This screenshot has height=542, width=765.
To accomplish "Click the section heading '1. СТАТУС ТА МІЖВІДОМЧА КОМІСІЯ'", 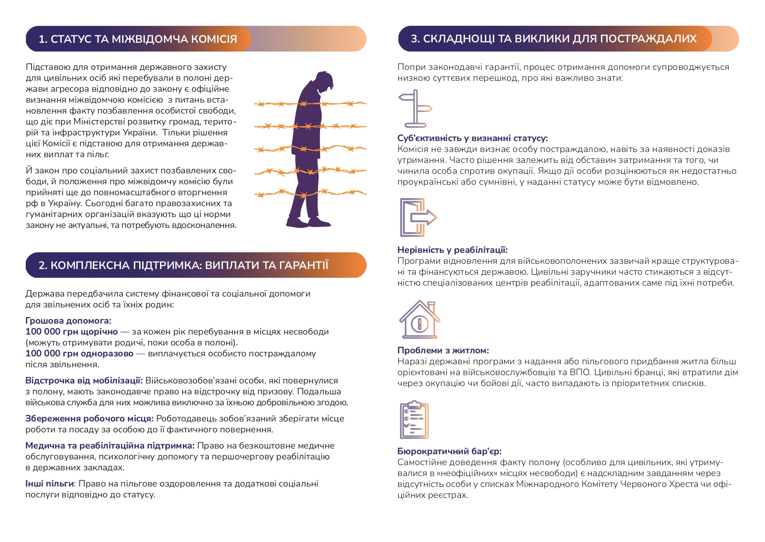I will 138,39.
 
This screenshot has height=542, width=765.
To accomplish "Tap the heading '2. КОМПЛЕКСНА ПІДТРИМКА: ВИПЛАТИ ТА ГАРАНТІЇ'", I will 183,265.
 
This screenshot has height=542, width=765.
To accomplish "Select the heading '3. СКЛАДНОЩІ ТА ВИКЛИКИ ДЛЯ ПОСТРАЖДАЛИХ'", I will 553,38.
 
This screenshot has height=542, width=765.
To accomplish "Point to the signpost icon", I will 415,108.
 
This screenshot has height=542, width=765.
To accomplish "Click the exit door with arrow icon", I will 418,217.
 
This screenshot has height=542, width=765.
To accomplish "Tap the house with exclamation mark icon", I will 420,320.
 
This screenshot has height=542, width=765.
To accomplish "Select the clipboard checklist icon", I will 414,420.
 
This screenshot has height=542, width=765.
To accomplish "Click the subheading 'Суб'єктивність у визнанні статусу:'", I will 472,138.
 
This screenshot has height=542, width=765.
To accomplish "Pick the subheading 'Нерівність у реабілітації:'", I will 452,250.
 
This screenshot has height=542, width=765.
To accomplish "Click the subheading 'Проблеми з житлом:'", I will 443,350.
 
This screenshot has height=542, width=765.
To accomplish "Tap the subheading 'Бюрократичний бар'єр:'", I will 449,451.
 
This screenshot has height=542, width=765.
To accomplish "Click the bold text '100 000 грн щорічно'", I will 72,331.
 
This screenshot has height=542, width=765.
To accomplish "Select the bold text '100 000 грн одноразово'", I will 79,353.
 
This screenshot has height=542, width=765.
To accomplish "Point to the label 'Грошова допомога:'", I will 68,321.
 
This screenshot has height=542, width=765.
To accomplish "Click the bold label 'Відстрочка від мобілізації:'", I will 84,380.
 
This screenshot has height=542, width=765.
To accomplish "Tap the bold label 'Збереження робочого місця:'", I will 89,418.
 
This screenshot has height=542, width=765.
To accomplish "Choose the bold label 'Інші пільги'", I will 49,483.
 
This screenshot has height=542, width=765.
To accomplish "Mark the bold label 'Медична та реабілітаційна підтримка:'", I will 110,445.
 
